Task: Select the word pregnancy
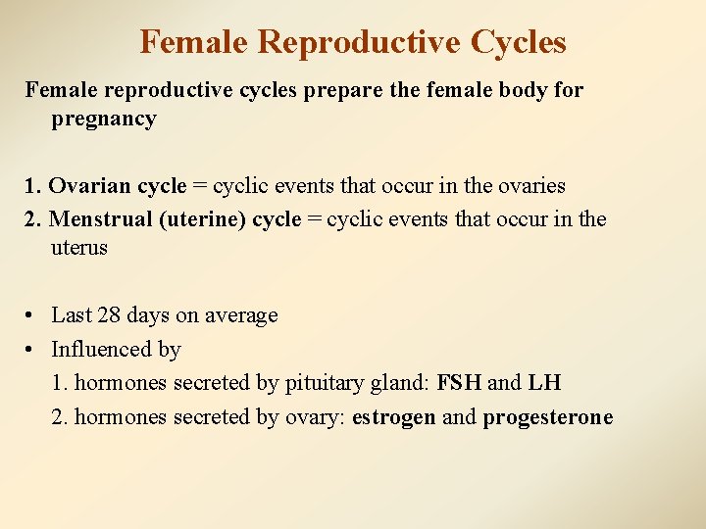point(104,120)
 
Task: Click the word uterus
point(78,248)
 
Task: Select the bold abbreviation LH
point(544,383)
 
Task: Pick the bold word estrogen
point(394,417)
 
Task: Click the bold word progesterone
point(547,417)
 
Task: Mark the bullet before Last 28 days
point(32,315)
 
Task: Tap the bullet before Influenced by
point(32,350)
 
